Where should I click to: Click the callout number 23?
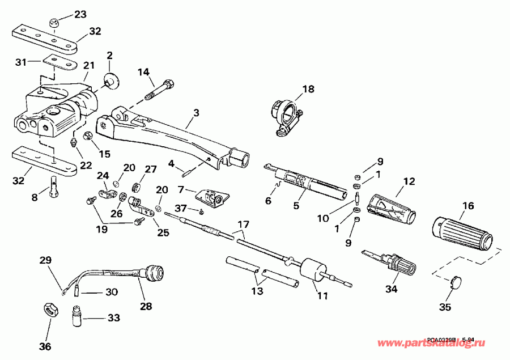coord(81,14)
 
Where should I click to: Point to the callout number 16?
coord(467,206)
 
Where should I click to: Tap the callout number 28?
coord(147,306)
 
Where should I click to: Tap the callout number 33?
coord(114,318)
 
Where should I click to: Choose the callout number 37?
coord(180,208)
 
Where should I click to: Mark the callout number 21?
coord(88,67)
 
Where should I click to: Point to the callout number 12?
coord(409,181)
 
